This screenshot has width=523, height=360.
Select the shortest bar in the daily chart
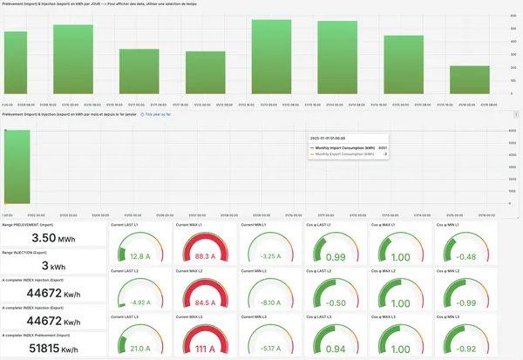click(x=469, y=79)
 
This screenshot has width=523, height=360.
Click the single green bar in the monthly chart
click(x=17, y=166)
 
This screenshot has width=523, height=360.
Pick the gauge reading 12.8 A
click(x=140, y=256)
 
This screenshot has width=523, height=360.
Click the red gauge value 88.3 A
click(x=206, y=256)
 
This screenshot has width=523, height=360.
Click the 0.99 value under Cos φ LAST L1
click(x=336, y=256)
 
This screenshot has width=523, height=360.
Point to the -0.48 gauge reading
click(x=467, y=256)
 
